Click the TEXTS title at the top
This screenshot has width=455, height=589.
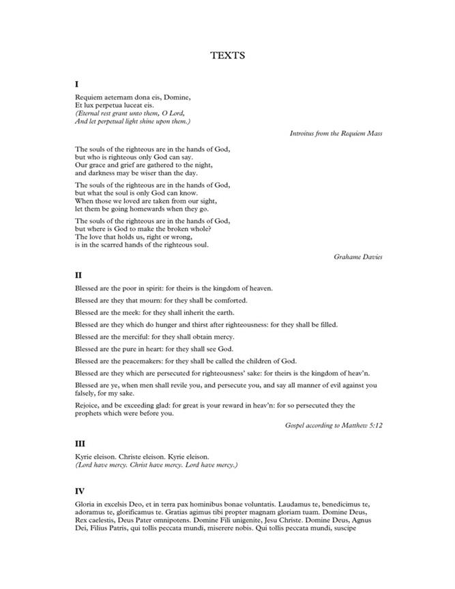(x=227, y=56)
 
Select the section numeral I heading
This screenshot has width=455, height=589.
(x=77, y=84)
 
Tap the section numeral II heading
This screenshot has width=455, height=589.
(x=78, y=275)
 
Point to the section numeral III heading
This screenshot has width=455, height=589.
(x=80, y=443)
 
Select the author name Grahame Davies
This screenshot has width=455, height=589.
(x=358, y=256)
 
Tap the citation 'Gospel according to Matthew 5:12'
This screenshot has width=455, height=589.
(x=334, y=425)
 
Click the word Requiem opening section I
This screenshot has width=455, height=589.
(x=89, y=97)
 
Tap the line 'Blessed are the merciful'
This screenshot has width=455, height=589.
(x=154, y=337)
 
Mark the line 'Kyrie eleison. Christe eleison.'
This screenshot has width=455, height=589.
(x=142, y=456)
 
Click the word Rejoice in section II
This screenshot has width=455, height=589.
(x=87, y=406)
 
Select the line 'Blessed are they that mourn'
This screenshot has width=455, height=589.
(x=161, y=300)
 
